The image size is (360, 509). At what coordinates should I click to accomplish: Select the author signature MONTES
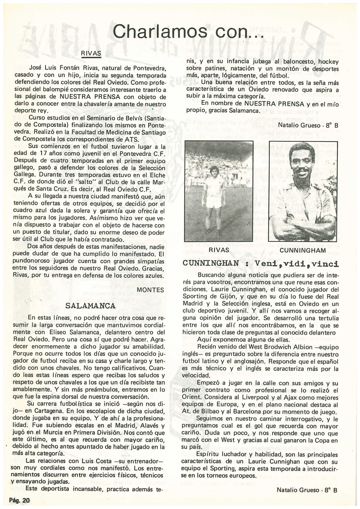click(x=150, y=290)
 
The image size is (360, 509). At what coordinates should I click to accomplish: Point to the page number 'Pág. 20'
click(x=19, y=500)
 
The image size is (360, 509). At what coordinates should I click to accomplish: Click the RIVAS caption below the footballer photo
click(x=219, y=250)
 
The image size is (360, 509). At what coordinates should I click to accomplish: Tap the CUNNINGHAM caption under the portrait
click(x=302, y=250)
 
